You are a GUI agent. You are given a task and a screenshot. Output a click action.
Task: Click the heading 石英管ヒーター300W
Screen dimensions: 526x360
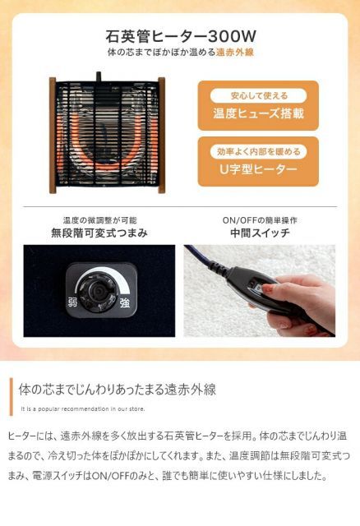tap(180, 36)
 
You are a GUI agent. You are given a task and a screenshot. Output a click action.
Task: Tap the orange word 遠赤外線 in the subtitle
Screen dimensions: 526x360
tap(234, 52)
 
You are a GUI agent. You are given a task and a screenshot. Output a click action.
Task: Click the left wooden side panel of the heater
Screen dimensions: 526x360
tap(53, 135)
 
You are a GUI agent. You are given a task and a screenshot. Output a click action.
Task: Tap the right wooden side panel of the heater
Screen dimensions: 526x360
tap(161, 135)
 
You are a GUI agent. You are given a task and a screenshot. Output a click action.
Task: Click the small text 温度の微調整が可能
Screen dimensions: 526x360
tap(99, 219)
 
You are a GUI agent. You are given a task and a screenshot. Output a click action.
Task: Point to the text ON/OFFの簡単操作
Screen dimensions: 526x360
tap(260, 219)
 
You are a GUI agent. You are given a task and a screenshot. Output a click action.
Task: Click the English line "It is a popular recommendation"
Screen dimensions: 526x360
tap(82, 407)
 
